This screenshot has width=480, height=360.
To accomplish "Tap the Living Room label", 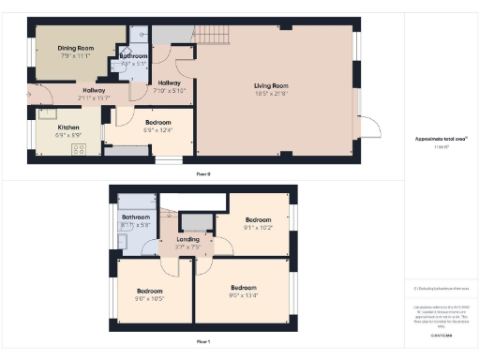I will coord(270,86).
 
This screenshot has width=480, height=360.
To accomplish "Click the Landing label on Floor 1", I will coord(188,239).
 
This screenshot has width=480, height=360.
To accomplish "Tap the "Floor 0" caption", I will coord(202,173).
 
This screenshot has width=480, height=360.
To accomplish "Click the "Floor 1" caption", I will coord(202,342).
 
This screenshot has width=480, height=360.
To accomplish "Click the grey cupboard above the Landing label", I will coord(195,221).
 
